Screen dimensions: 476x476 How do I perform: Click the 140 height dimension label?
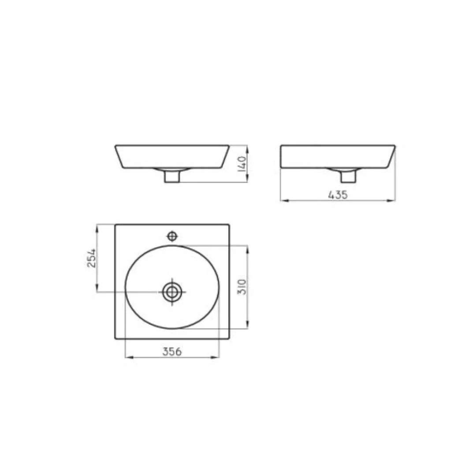pyautogui.click(x=242, y=164)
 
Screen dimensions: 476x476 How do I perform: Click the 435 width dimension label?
pyautogui.click(x=338, y=195)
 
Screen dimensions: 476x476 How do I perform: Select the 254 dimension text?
pyautogui.click(x=92, y=258)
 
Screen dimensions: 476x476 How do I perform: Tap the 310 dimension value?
pyautogui.click(x=242, y=287)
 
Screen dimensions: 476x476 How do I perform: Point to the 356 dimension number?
pyautogui.click(x=172, y=352)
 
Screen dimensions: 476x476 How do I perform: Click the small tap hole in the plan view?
pyautogui.click(x=172, y=236)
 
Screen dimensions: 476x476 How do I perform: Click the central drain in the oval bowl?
pyautogui.click(x=172, y=292)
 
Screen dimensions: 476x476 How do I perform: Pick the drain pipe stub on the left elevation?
pyautogui.click(x=172, y=176)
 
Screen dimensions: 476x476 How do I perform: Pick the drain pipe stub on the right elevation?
pyautogui.click(x=348, y=176)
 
